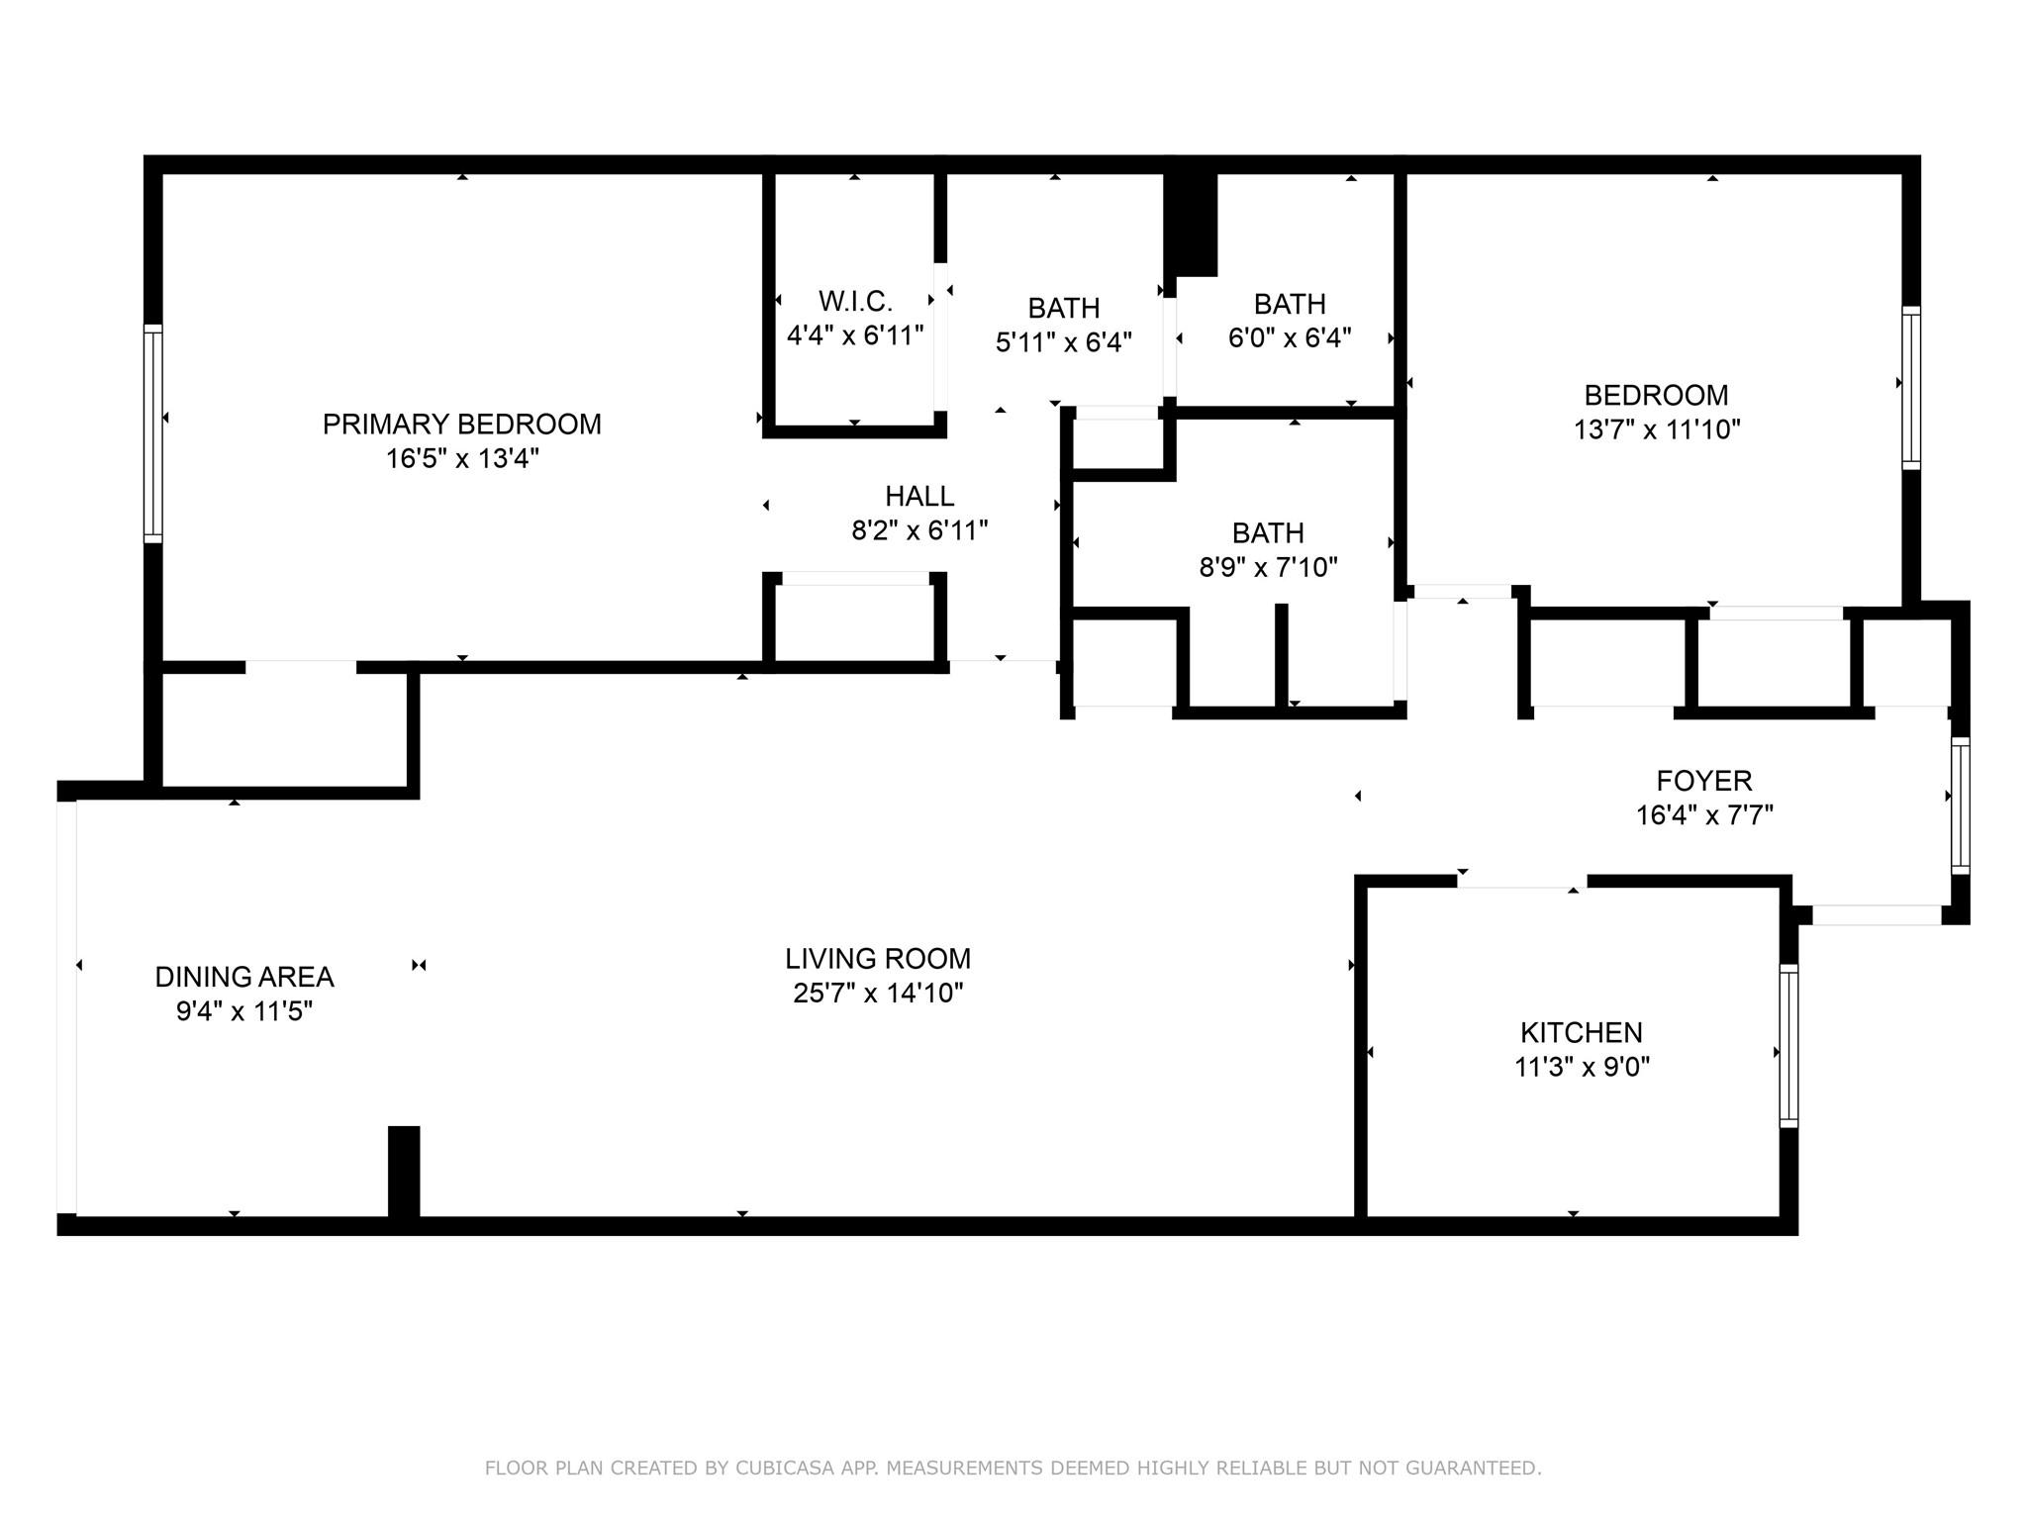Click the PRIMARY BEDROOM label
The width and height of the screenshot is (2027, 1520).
(462, 425)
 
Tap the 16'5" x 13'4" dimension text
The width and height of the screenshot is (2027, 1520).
(462, 459)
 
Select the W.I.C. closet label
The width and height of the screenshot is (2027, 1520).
(855, 301)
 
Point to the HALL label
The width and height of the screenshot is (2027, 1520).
(919, 496)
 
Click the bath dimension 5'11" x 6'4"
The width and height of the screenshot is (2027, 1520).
(1064, 342)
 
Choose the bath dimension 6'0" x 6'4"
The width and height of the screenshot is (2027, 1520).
(1290, 338)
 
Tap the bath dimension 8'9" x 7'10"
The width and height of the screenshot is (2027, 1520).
(1268, 568)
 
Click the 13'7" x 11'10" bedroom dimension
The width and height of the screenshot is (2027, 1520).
(1657, 430)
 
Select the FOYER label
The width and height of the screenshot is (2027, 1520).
(1704, 781)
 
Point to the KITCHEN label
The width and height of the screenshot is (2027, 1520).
(1582, 1033)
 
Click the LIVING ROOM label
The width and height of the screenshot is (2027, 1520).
(878, 959)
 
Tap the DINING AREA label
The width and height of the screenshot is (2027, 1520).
(244, 978)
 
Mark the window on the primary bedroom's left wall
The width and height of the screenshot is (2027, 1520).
(152, 433)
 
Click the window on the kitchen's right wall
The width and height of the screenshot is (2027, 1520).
(1788, 1046)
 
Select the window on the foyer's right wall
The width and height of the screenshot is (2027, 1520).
(1960, 806)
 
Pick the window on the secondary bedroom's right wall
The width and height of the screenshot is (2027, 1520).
(1911, 388)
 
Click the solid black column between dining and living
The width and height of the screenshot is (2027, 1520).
(404, 1173)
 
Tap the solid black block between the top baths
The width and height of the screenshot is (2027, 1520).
(1191, 225)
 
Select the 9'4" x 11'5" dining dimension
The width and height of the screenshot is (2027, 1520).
(244, 1012)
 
